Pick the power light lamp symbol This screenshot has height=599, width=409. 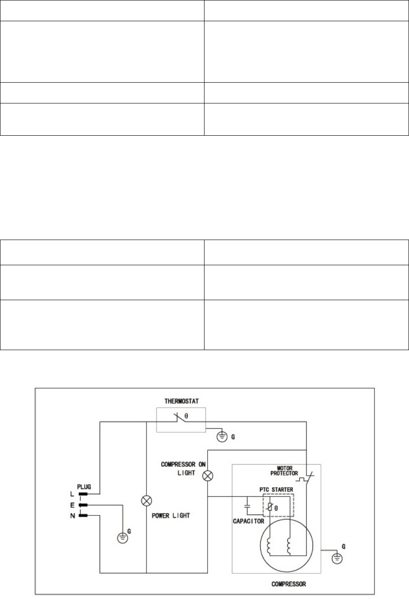pyautogui.click(x=147, y=501)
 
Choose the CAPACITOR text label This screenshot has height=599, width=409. pyautogui.click(x=248, y=521)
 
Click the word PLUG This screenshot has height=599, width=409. pyautogui.click(x=84, y=487)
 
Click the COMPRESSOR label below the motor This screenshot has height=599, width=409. pyautogui.click(x=288, y=584)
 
